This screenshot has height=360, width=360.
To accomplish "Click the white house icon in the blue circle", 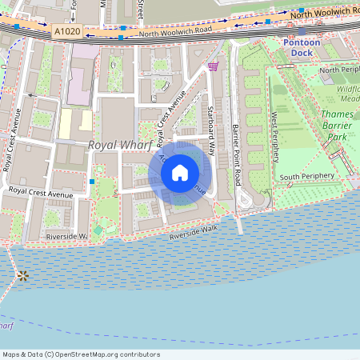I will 180,172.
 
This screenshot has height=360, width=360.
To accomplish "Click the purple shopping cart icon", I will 213,66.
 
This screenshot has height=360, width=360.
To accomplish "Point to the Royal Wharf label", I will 119,145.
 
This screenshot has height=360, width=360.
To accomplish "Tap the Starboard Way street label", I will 212,130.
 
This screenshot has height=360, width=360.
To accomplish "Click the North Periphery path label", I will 339,70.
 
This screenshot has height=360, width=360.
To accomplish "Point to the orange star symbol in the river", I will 23,276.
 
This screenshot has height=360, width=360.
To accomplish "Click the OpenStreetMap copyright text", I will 81,354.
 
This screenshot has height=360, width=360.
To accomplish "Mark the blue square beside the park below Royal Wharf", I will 93,182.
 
